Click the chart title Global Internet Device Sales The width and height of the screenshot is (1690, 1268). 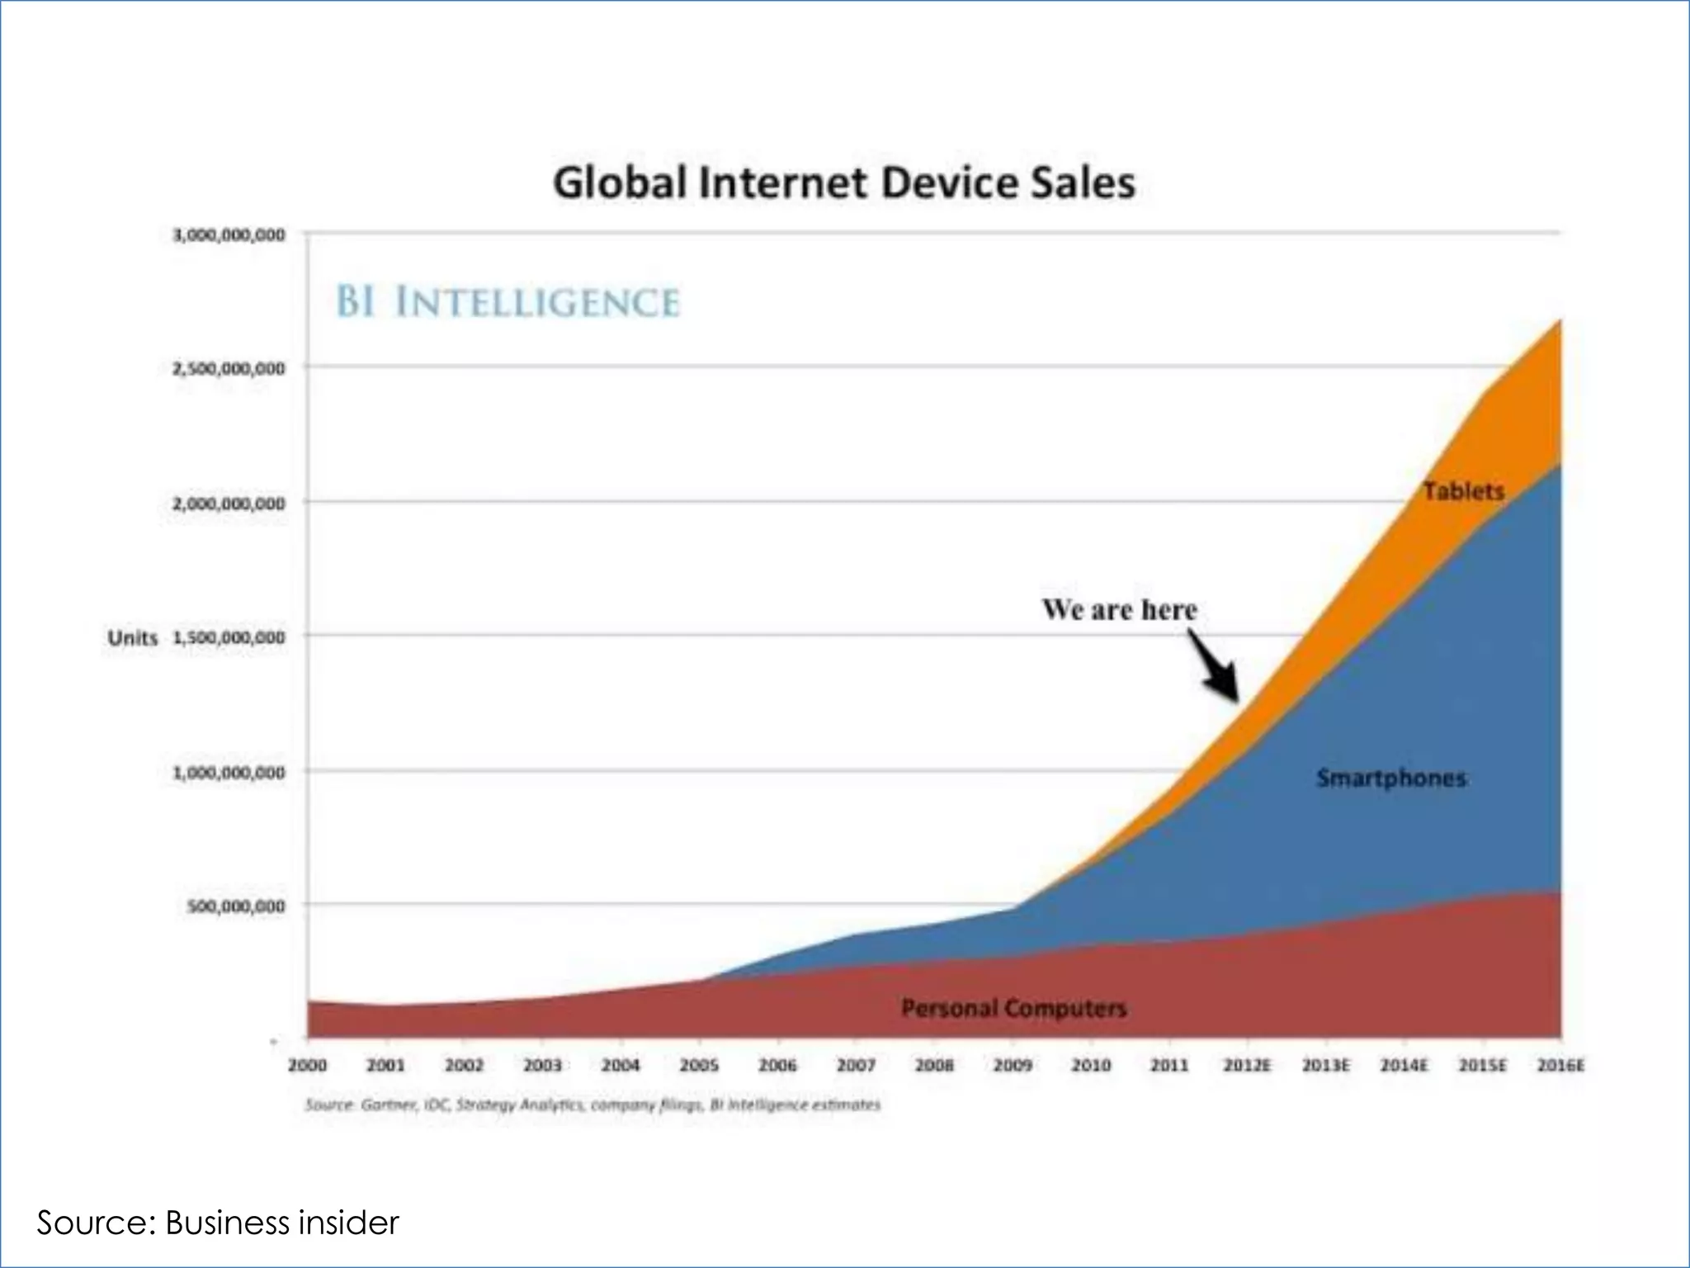point(843,182)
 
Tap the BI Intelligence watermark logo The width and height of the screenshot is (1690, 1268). point(507,301)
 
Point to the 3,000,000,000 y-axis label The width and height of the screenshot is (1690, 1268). point(229,235)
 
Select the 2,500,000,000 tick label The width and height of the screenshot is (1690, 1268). point(229,368)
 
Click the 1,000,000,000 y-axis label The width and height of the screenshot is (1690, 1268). point(229,773)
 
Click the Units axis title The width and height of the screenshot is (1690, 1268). point(132,638)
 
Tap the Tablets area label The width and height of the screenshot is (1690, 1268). point(1463,491)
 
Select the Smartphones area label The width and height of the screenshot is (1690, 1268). point(1391,778)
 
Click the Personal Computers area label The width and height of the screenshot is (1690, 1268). point(1013,1008)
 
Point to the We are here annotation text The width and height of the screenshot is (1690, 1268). point(1119,609)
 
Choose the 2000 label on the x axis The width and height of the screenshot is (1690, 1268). point(307,1066)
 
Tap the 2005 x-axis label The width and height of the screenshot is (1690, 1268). point(699,1066)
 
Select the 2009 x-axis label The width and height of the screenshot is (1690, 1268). point(1013,1066)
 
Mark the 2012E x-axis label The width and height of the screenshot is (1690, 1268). point(1247,1066)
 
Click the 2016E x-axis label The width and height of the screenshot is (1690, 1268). point(1560,1066)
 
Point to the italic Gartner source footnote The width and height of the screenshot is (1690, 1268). point(592,1105)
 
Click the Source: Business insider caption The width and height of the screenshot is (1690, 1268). point(218,1223)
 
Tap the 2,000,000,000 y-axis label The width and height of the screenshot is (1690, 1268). point(229,504)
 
